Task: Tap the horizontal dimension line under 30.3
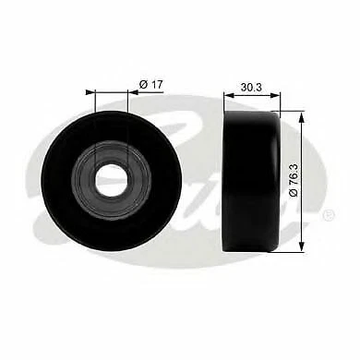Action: (x=251, y=93)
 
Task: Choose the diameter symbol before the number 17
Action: (x=144, y=85)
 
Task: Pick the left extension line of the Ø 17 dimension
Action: (x=90, y=120)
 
